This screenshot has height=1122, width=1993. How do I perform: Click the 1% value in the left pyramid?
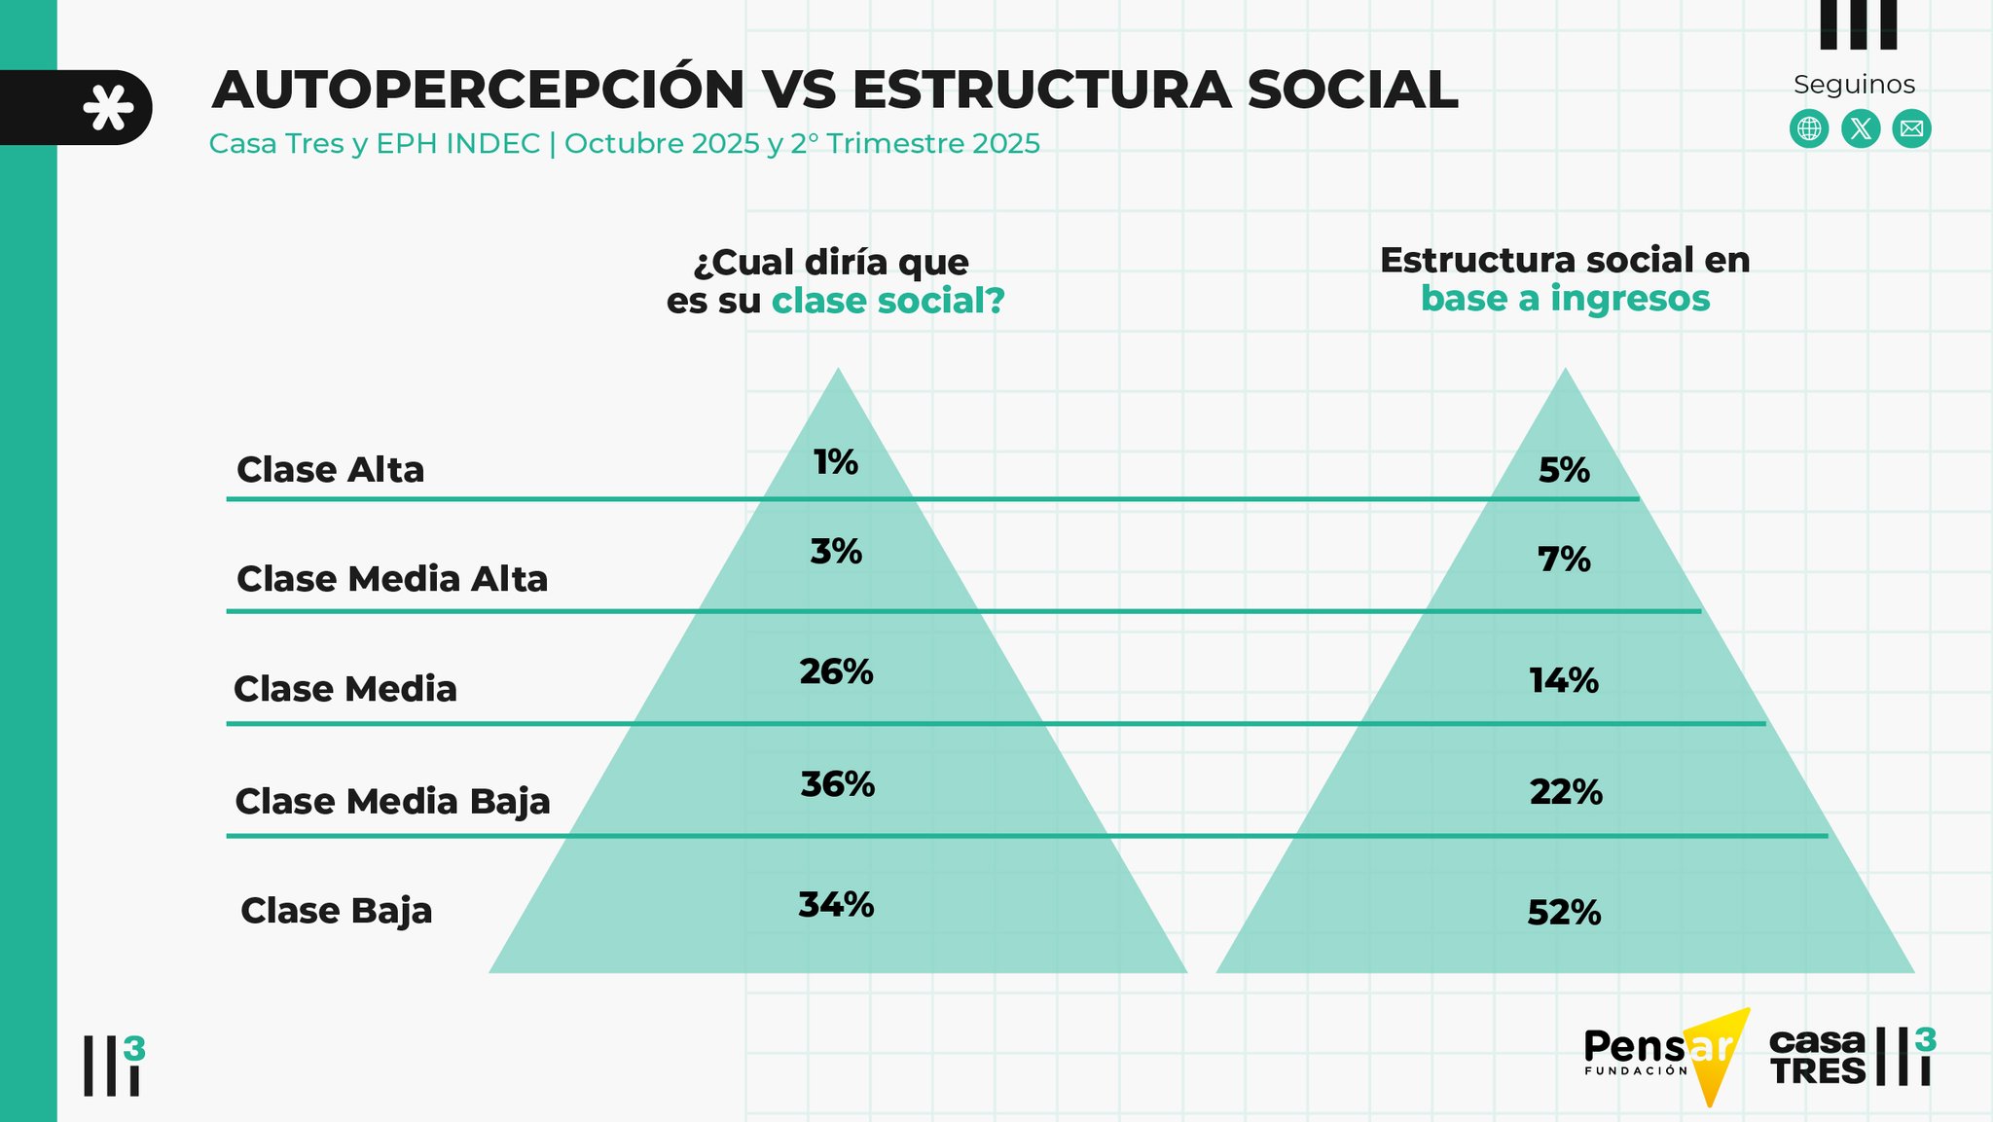click(836, 462)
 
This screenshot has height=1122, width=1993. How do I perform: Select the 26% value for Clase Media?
click(836, 671)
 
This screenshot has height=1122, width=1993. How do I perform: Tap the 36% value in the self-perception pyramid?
click(837, 784)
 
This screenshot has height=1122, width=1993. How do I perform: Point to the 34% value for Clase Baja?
click(836, 905)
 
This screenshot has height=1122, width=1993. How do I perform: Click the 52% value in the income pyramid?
click(1564, 913)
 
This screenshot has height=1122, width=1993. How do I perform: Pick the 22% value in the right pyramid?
click(1565, 792)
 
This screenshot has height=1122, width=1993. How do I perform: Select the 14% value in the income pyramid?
click(1564, 680)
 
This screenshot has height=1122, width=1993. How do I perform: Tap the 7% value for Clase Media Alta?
click(1564, 560)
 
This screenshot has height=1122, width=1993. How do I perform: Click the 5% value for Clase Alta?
click(1564, 471)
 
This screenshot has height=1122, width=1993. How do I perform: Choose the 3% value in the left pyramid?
click(836, 552)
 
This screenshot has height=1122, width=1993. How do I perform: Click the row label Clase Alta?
click(331, 470)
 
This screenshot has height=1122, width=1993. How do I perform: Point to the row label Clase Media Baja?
click(392, 802)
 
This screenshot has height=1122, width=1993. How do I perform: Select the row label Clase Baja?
click(337, 911)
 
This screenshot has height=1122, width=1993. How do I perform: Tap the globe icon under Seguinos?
click(1809, 129)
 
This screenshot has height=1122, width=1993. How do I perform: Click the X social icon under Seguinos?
click(1861, 129)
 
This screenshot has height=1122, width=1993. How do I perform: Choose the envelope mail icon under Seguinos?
click(1911, 129)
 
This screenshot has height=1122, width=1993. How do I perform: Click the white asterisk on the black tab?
click(108, 108)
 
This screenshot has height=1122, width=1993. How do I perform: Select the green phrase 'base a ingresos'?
click(1565, 299)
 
